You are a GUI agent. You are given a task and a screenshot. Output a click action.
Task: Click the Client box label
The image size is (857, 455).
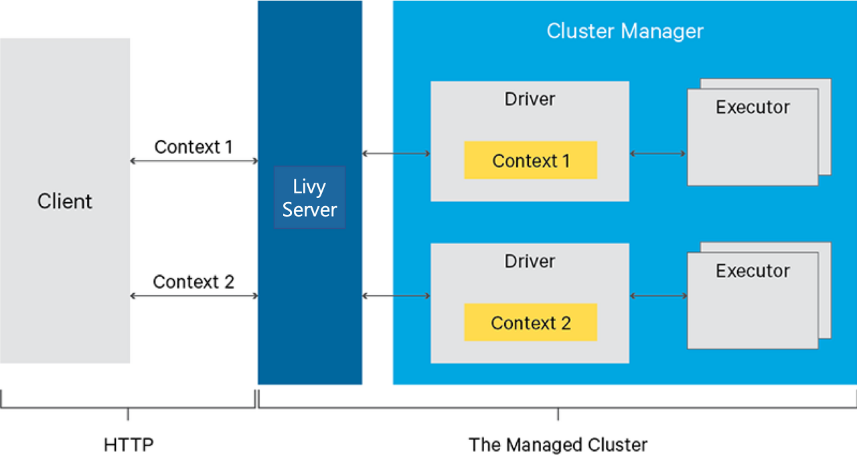point(64,201)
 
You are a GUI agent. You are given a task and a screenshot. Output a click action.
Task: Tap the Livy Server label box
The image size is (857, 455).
point(309,198)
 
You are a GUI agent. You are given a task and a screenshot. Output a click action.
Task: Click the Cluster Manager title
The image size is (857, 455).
point(625,31)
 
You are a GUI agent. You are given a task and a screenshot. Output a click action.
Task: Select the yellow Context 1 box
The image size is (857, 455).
point(530,161)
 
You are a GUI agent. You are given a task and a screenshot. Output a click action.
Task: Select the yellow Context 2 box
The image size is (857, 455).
point(530,323)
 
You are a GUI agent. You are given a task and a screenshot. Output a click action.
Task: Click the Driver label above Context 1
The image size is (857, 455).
point(530,99)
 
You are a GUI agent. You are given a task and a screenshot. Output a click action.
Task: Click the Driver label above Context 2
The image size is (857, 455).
point(530,262)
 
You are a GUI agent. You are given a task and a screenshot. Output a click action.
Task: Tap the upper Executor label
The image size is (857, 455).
point(752,107)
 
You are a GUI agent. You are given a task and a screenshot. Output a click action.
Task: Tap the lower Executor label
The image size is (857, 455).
point(752,271)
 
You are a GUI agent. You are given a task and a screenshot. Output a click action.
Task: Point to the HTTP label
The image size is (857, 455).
point(129,444)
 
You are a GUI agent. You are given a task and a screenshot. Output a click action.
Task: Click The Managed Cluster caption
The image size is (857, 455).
point(558,444)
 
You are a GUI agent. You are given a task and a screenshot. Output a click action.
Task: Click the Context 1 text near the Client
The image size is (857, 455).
point(193,147)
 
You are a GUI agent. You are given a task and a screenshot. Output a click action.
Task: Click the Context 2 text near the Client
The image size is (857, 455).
point(193,282)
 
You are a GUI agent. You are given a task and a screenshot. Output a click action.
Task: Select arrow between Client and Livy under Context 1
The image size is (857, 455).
point(193,161)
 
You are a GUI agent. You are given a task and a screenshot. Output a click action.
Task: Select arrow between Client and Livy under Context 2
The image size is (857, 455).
point(193,296)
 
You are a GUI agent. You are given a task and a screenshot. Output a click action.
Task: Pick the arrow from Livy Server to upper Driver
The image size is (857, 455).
point(396,154)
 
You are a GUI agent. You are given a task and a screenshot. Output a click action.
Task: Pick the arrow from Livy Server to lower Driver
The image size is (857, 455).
point(396,296)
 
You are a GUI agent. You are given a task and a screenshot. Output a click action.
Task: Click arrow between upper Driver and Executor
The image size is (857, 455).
point(657,154)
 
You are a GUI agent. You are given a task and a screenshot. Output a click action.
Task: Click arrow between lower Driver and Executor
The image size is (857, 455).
point(657,296)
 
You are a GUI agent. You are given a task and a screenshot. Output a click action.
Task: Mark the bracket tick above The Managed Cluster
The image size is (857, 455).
point(558,414)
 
